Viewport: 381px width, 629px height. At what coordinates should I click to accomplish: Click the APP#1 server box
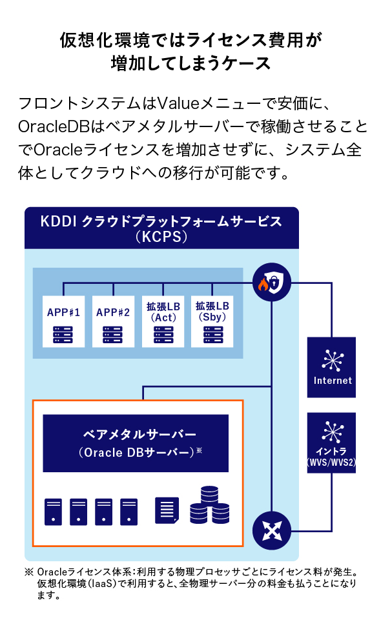(x=63, y=321)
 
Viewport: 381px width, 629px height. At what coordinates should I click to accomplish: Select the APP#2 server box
(x=113, y=321)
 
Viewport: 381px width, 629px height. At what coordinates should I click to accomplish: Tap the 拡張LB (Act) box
(x=163, y=321)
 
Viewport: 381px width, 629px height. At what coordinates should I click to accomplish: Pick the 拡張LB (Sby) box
(x=212, y=321)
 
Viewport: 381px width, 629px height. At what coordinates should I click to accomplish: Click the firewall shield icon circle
(x=272, y=283)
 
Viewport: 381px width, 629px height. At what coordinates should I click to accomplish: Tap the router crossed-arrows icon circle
(x=272, y=530)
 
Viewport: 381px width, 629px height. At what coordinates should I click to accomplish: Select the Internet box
(x=332, y=368)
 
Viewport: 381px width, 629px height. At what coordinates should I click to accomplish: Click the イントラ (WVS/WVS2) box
(x=332, y=443)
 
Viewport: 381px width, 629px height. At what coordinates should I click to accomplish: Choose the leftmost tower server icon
(x=54, y=512)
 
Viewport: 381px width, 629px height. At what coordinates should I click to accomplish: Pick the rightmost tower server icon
(x=129, y=512)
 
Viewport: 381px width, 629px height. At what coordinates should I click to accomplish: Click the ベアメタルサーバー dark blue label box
(x=136, y=443)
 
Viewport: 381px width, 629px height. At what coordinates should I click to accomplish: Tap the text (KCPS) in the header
(x=161, y=237)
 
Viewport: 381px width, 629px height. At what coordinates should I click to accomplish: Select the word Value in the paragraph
(x=178, y=103)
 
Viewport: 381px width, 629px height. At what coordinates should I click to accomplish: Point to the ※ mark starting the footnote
(x=29, y=572)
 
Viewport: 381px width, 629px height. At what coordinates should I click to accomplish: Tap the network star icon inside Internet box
(x=333, y=360)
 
